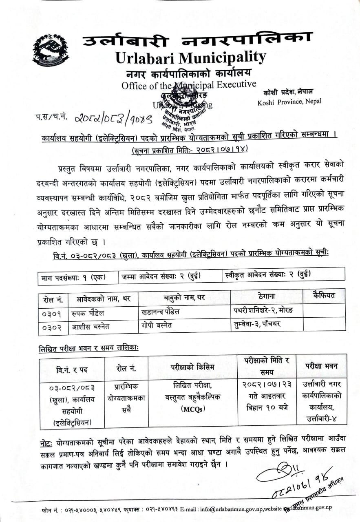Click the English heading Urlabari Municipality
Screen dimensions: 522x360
(191, 57)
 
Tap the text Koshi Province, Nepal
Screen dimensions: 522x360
(289, 102)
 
